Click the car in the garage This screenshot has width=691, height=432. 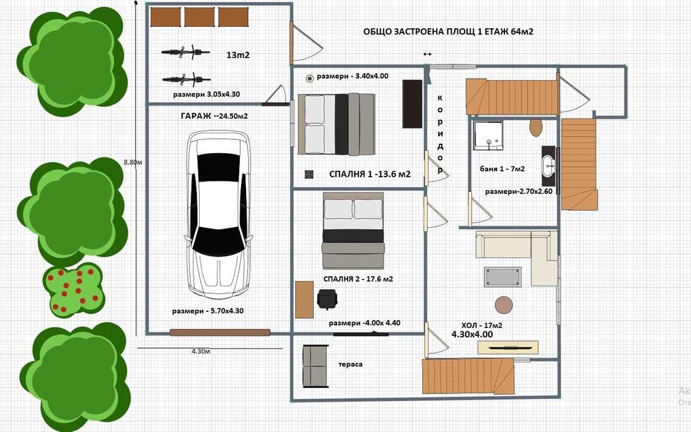coord(218,214)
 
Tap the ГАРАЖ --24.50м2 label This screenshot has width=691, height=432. coord(214,116)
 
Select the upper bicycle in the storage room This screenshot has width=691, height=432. coord(185,52)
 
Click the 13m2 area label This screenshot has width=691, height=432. coord(238,55)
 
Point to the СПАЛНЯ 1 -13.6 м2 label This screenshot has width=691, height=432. coord(370,174)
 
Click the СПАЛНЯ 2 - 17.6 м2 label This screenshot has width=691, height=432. coord(358,279)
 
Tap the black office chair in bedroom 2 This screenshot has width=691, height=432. coord(327,300)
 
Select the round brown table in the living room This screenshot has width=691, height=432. coord(504,305)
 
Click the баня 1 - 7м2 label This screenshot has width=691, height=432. coord(502,168)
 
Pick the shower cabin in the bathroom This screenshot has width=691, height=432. coord(488,135)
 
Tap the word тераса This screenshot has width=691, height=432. coord(350,364)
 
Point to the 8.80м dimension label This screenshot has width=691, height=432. coord(133,162)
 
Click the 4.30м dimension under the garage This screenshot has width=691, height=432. coord(200,351)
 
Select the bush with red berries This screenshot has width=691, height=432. coord(74,291)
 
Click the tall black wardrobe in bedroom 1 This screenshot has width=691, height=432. coord(413,104)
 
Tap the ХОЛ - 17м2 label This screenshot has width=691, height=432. coord(482,326)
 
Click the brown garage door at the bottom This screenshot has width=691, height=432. coord(220,333)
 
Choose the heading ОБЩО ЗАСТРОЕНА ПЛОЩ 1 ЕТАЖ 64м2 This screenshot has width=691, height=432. coord(448,32)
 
